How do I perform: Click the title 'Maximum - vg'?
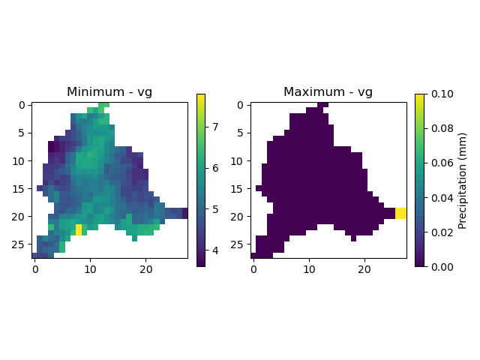pos(328,92)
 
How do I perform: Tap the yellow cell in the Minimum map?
pos(79,229)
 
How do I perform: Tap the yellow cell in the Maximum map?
pos(400,213)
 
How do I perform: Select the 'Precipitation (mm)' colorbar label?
pos(463,180)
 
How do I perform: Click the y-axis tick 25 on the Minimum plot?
pos(22,244)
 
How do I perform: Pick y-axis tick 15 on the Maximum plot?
pos(241,188)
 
